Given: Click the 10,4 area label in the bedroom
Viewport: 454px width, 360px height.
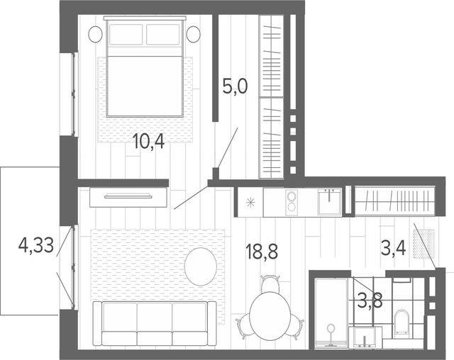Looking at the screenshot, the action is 149,142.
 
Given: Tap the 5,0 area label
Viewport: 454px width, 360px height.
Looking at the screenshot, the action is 235,86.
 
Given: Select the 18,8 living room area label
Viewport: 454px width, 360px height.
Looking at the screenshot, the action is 262,251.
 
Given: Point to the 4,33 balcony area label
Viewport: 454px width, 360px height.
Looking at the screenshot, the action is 36,246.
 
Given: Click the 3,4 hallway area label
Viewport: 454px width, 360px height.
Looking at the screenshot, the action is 393,248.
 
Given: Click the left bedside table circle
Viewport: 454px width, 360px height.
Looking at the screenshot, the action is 95,34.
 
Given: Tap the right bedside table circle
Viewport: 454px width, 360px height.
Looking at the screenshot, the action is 194,34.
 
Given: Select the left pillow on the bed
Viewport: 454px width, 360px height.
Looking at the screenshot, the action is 126,35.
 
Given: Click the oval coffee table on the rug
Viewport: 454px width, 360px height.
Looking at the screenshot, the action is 201,266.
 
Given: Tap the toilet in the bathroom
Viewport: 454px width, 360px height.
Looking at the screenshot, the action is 401,323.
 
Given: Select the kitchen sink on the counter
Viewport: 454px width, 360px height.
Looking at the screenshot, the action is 329,201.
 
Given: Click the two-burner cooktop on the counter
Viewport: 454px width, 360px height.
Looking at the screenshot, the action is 292,202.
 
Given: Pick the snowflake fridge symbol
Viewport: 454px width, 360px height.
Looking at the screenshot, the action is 250,203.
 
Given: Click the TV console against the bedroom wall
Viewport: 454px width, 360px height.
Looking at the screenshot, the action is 128,197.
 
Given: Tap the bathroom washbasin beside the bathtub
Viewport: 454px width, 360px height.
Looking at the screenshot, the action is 365,337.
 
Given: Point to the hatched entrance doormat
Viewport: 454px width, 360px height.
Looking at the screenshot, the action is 424,244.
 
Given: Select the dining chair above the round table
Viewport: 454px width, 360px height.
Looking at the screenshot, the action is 270,283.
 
